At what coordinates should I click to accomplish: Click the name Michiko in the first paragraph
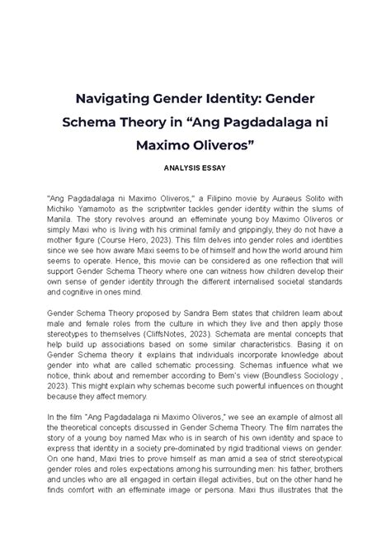click(x=69, y=211)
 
